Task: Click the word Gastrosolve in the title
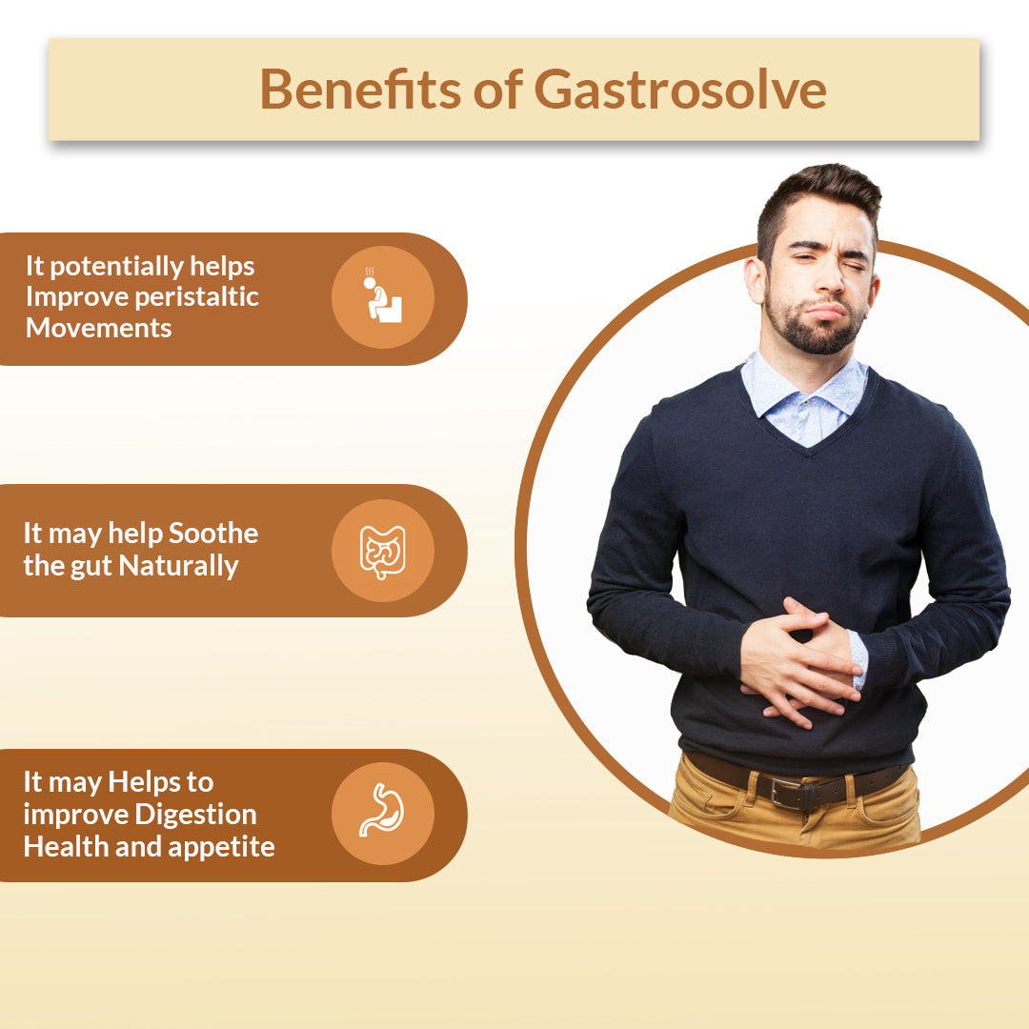coord(680,90)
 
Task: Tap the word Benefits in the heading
coord(360,89)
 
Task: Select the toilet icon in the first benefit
coord(384,296)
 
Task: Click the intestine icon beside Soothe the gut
coord(383,552)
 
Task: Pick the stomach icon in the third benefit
coord(383,810)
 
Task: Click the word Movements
coord(98,328)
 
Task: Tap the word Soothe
coord(213,533)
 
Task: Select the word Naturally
coord(178,566)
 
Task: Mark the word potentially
coord(116,267)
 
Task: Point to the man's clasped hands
coord(801,663)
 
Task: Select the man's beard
coord(815,326)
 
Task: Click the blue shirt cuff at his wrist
coord(857,659)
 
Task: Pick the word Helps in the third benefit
coord(143,783)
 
